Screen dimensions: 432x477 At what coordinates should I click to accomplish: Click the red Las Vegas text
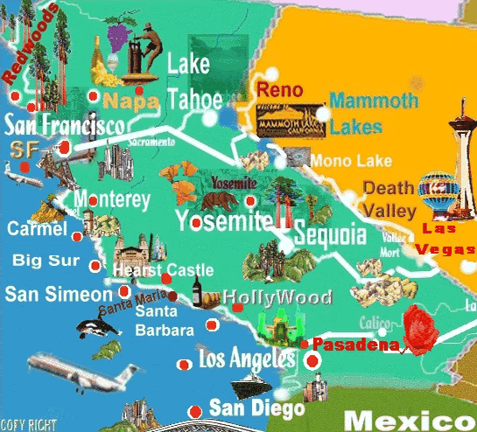pos(445,239)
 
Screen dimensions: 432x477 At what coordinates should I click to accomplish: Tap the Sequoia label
pos(329,235)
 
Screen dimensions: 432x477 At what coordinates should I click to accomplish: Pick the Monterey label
pos(113,200)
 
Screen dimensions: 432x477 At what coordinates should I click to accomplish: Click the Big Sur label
pos(43,261)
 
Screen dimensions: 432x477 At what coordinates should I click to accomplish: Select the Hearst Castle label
pos(164,270)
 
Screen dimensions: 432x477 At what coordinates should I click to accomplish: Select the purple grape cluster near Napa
pos(116,35)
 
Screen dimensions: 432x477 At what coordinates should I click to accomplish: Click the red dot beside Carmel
pos(76,236)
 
